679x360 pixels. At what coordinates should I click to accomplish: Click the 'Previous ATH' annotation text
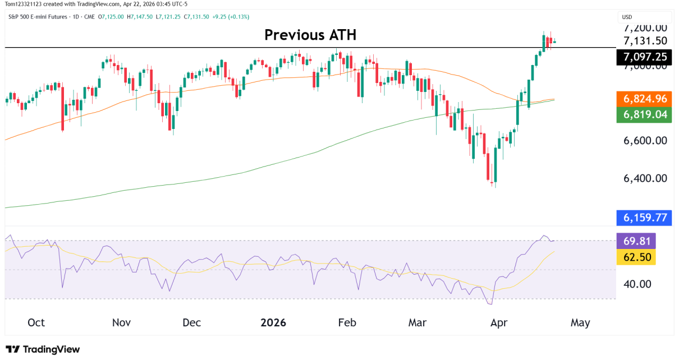pyautogui.click(x=310, y=35)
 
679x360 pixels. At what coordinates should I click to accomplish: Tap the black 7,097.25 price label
pyautogui.click(x=645, y=57)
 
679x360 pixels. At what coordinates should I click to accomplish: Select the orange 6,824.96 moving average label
pyautogui.click(x=645, y=99)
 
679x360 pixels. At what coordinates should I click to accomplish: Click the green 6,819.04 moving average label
pyautogui.click(x=645, y=114)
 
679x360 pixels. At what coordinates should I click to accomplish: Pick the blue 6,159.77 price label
pyautogui.click(x=645, y=217)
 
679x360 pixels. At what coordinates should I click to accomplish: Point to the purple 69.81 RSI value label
pyautogui.click(x=636, y=241)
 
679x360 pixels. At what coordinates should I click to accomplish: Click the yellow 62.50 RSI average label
pyautogui.click(x=636, y=257)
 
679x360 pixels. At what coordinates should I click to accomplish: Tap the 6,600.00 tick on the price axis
pyautogui.click(x=645, y=140)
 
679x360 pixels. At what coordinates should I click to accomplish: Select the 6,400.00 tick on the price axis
pyautogui.click(x=645, y=178)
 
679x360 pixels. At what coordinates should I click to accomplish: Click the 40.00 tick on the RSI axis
pyautogui.click(x=637, y=284)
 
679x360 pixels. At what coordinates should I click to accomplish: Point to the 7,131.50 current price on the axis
pyautogui.click(x=645, y=40)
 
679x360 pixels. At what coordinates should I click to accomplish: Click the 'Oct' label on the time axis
pyautogui.click(x=36, y=323)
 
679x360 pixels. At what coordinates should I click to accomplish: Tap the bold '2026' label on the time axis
pyautogui.click(x=273, y=323)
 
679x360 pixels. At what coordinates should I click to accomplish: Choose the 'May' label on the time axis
pyautogui.click(x=580, y=323)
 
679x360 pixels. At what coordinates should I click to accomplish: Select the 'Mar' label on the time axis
pyautogui.click(x=417, y=323)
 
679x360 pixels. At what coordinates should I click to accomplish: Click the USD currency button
pyautogui.click(x=628, y=17)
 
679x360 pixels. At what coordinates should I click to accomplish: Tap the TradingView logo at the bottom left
pyautogui.click(x=43, y=349)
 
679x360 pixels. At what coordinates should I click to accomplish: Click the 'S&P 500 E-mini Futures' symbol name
pyautogui.click(x=36, y=17)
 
